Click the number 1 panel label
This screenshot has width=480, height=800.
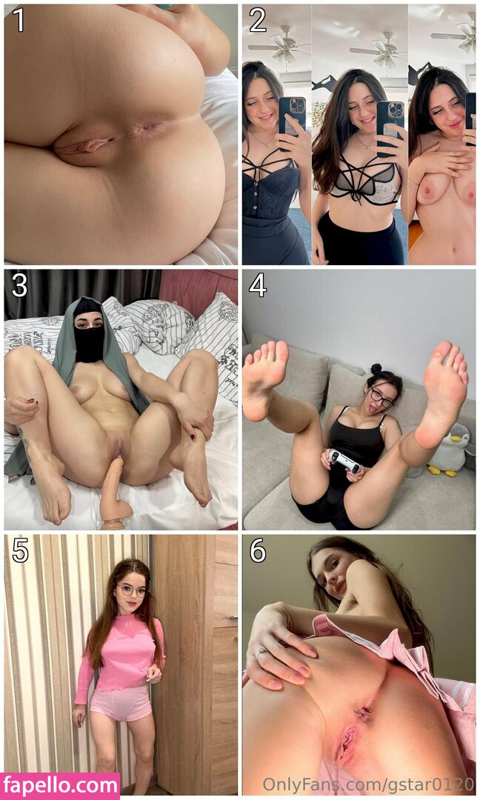[19, 21]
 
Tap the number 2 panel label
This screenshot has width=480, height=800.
[257, 21]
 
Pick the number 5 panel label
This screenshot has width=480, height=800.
[19, 551]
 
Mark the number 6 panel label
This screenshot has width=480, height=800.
[258, 551]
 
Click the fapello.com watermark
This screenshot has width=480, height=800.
[60, 786]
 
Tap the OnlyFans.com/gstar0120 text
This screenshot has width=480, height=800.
[367, 783]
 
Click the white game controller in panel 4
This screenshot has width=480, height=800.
[343, 460]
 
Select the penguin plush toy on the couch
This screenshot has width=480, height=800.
[449, 449]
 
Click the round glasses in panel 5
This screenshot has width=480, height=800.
[133, 591]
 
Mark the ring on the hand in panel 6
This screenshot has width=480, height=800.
[261, 652]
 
